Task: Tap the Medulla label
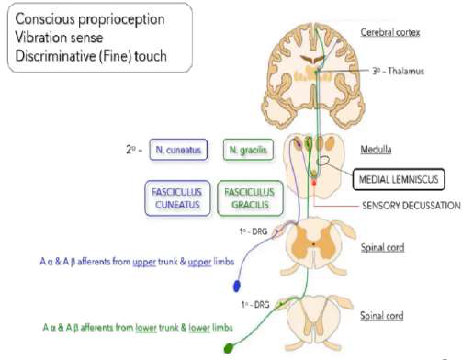[x=378, y=147]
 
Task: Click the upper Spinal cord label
[x=381, y=247]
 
